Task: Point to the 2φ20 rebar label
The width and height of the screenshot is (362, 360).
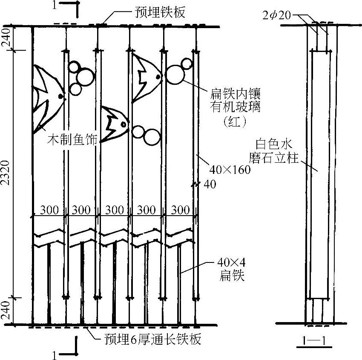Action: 278,15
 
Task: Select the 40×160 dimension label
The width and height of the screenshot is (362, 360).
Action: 230,170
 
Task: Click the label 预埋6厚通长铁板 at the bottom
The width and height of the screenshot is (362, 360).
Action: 152,340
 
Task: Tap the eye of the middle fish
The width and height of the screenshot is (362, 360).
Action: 124,124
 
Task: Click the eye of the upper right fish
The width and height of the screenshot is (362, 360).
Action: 158,77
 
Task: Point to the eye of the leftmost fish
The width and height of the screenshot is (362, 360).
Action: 61,97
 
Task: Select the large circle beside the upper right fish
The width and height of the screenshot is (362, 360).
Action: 175,75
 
